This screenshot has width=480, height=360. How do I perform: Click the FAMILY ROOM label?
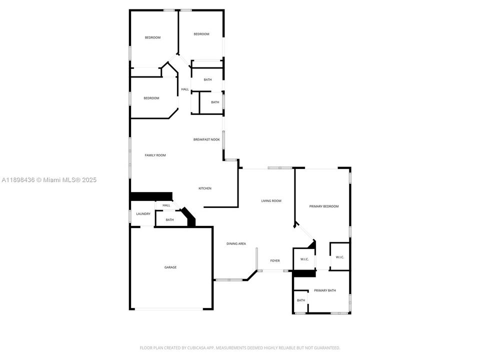(x=155, y=155)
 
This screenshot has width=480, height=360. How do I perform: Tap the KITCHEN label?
(x=205, y=188)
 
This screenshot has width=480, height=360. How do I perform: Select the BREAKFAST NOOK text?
(x=206, y=139)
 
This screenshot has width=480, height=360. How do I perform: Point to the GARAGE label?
(x=170, y=267)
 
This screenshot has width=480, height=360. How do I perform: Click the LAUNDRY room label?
(x=143, y=214)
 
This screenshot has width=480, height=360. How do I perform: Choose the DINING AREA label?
(x=236, y=243)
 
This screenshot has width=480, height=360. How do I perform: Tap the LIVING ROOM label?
(x=271, y=201)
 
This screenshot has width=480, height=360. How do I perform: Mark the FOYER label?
(x=275, y=261)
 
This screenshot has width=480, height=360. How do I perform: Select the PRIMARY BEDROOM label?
(x=324, y=206)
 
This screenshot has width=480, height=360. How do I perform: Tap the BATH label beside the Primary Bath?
(x=301, y=300)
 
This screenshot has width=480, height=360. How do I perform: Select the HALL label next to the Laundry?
(x=166, y=205)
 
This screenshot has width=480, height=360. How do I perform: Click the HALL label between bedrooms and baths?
(x=185, y=89)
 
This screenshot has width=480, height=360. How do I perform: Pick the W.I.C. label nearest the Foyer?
(x=304, y=259)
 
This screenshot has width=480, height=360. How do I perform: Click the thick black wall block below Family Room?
(x=151, y=196)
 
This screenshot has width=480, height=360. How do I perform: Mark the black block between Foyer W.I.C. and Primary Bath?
(x=304, y=273)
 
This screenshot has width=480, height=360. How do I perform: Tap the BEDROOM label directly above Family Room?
(x=151, y=98)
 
